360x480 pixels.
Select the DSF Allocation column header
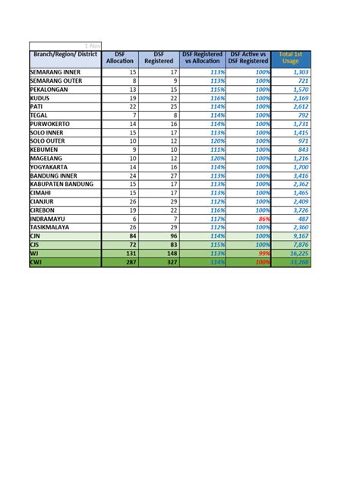pos(120,58)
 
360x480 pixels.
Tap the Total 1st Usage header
pos(291,58)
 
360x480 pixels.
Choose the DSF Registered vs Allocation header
pos(203,58)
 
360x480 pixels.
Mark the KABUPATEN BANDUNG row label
pos(62,184)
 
